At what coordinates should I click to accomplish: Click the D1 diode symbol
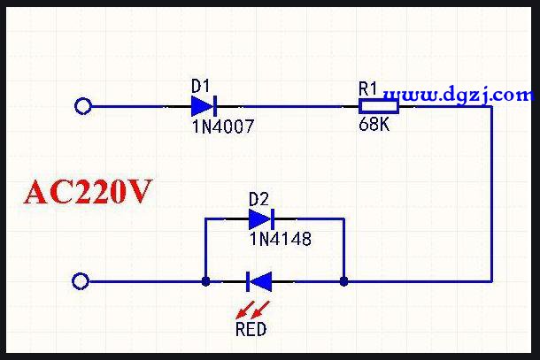204,107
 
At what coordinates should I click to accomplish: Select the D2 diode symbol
261,218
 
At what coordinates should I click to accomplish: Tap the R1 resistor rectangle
378,107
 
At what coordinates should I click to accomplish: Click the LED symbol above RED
259,282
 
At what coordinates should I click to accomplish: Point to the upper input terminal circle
83,107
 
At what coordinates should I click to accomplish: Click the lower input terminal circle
81,282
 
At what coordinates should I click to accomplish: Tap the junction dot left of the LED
205,282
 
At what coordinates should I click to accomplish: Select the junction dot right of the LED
343,282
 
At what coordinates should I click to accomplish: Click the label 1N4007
222,126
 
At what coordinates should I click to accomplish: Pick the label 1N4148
281,239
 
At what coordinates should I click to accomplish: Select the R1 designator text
368,88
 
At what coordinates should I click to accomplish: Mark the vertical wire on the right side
491,195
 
